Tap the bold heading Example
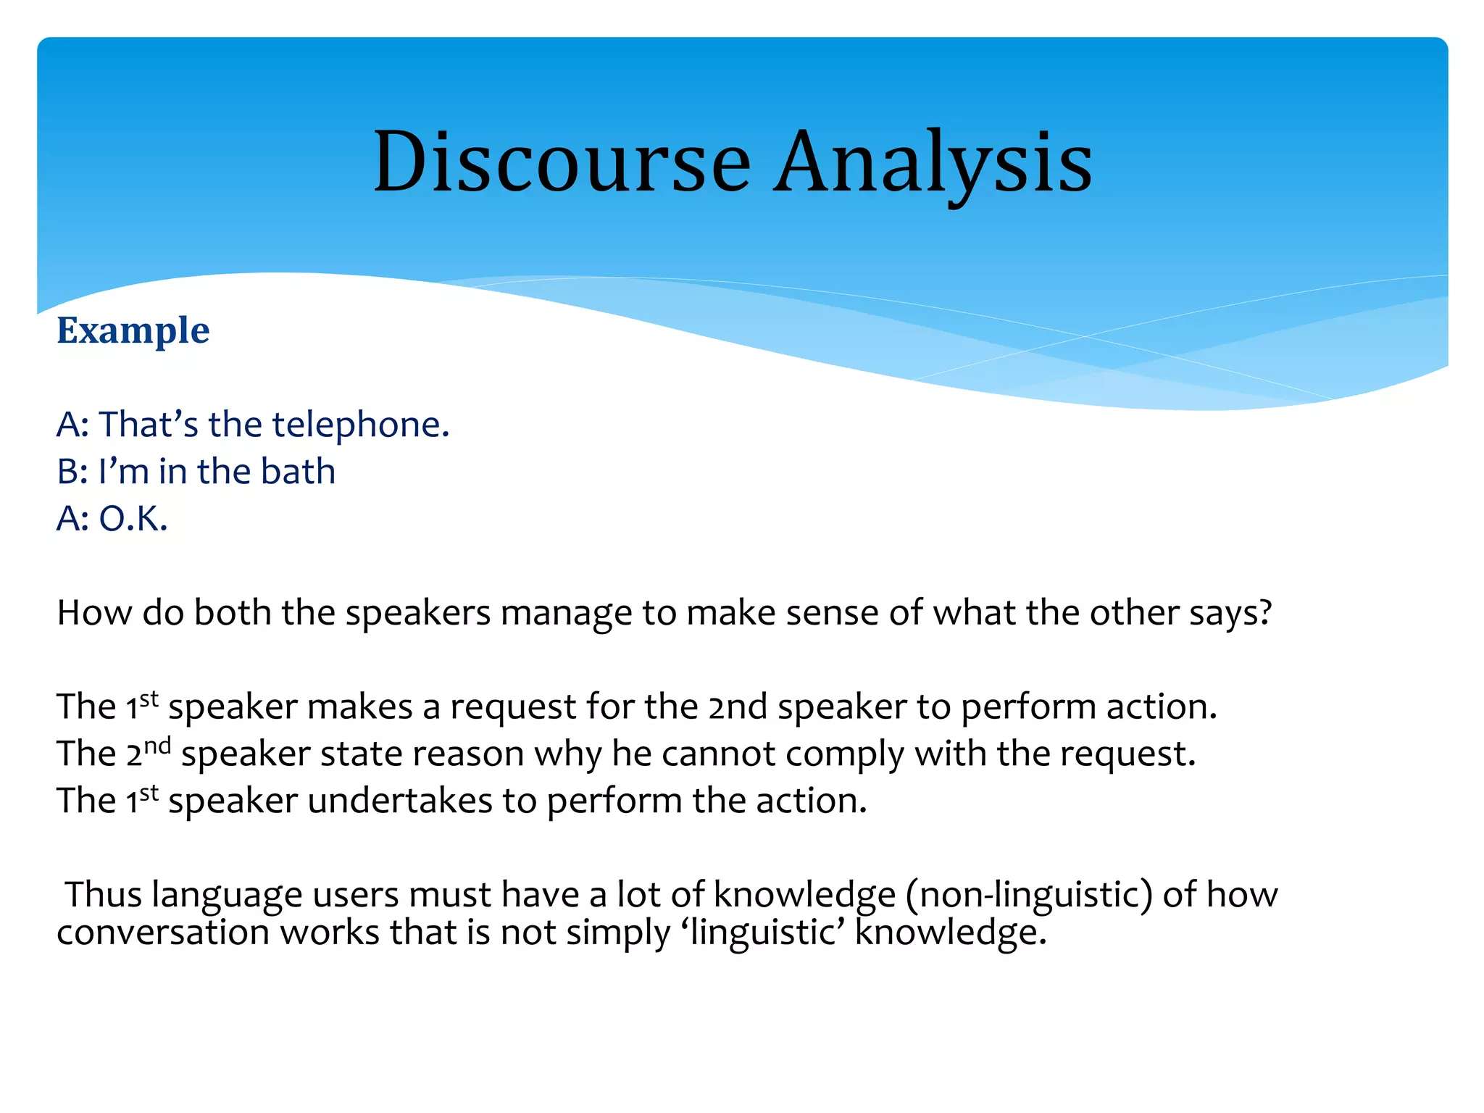click(x=133, y=330)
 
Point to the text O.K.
click(x=133, y=519)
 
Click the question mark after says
click(x=1265, y=613)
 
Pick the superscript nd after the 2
click(x=157, y=745)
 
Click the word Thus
click(x=104, y=895)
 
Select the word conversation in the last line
click(x=163, y=933)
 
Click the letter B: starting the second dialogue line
click(x=72, y=472)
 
